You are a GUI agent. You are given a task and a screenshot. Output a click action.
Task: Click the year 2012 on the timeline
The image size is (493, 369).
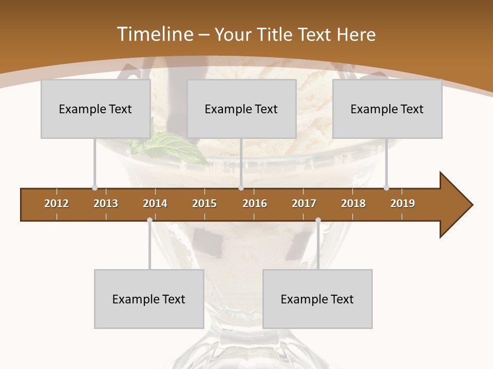56,203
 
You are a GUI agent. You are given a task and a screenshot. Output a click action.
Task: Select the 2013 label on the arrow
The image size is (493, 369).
106,203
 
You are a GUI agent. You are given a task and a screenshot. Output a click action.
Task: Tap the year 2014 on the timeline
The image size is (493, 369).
155,203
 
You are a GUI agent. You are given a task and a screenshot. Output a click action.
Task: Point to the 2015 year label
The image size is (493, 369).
204,203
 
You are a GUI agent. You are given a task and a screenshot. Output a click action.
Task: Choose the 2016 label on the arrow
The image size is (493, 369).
255,203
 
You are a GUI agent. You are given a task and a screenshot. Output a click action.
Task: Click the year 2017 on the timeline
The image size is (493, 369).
304,203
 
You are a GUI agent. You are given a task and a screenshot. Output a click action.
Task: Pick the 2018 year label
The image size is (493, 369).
353,203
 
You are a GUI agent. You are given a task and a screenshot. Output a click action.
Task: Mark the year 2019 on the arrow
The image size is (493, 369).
403,203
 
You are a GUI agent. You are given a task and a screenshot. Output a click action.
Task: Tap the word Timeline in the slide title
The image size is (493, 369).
155,34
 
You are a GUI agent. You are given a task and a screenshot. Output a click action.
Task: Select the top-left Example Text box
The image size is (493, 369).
96,109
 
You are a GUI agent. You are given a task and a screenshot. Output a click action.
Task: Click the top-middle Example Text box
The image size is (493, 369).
241,109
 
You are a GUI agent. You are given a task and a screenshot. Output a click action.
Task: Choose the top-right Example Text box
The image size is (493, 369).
387,109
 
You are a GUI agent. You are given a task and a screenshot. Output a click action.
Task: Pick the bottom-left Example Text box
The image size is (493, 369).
149,299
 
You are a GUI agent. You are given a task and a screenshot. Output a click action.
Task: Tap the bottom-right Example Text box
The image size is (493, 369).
317,299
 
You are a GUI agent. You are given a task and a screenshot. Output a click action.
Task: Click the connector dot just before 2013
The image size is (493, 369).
94,188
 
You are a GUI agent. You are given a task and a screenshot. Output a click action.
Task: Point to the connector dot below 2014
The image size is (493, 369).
149,220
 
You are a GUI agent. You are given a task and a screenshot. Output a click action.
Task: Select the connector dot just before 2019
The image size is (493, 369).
386,188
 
